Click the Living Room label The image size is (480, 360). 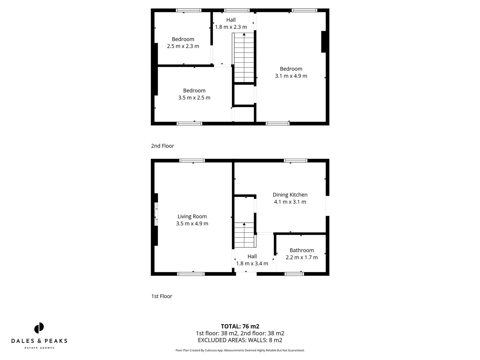192,216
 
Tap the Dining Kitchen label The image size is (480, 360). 290,195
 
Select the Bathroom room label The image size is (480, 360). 302,250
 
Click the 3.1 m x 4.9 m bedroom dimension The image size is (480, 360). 291,76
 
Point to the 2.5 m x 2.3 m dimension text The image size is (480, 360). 183,46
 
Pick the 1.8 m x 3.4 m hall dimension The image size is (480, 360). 252,264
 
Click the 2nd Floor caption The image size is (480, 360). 163,146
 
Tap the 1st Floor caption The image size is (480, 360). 162,296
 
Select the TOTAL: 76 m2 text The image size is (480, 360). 240,326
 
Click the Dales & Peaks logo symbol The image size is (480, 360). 39,328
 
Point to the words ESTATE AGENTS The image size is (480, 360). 39,348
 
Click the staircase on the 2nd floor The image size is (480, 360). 244,57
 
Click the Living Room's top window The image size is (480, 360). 192,161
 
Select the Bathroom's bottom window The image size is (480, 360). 294,274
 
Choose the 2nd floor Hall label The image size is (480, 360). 231,20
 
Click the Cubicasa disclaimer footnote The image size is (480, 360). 240,350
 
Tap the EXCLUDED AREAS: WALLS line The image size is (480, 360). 240,340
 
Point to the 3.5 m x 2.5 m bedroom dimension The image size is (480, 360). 194,98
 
